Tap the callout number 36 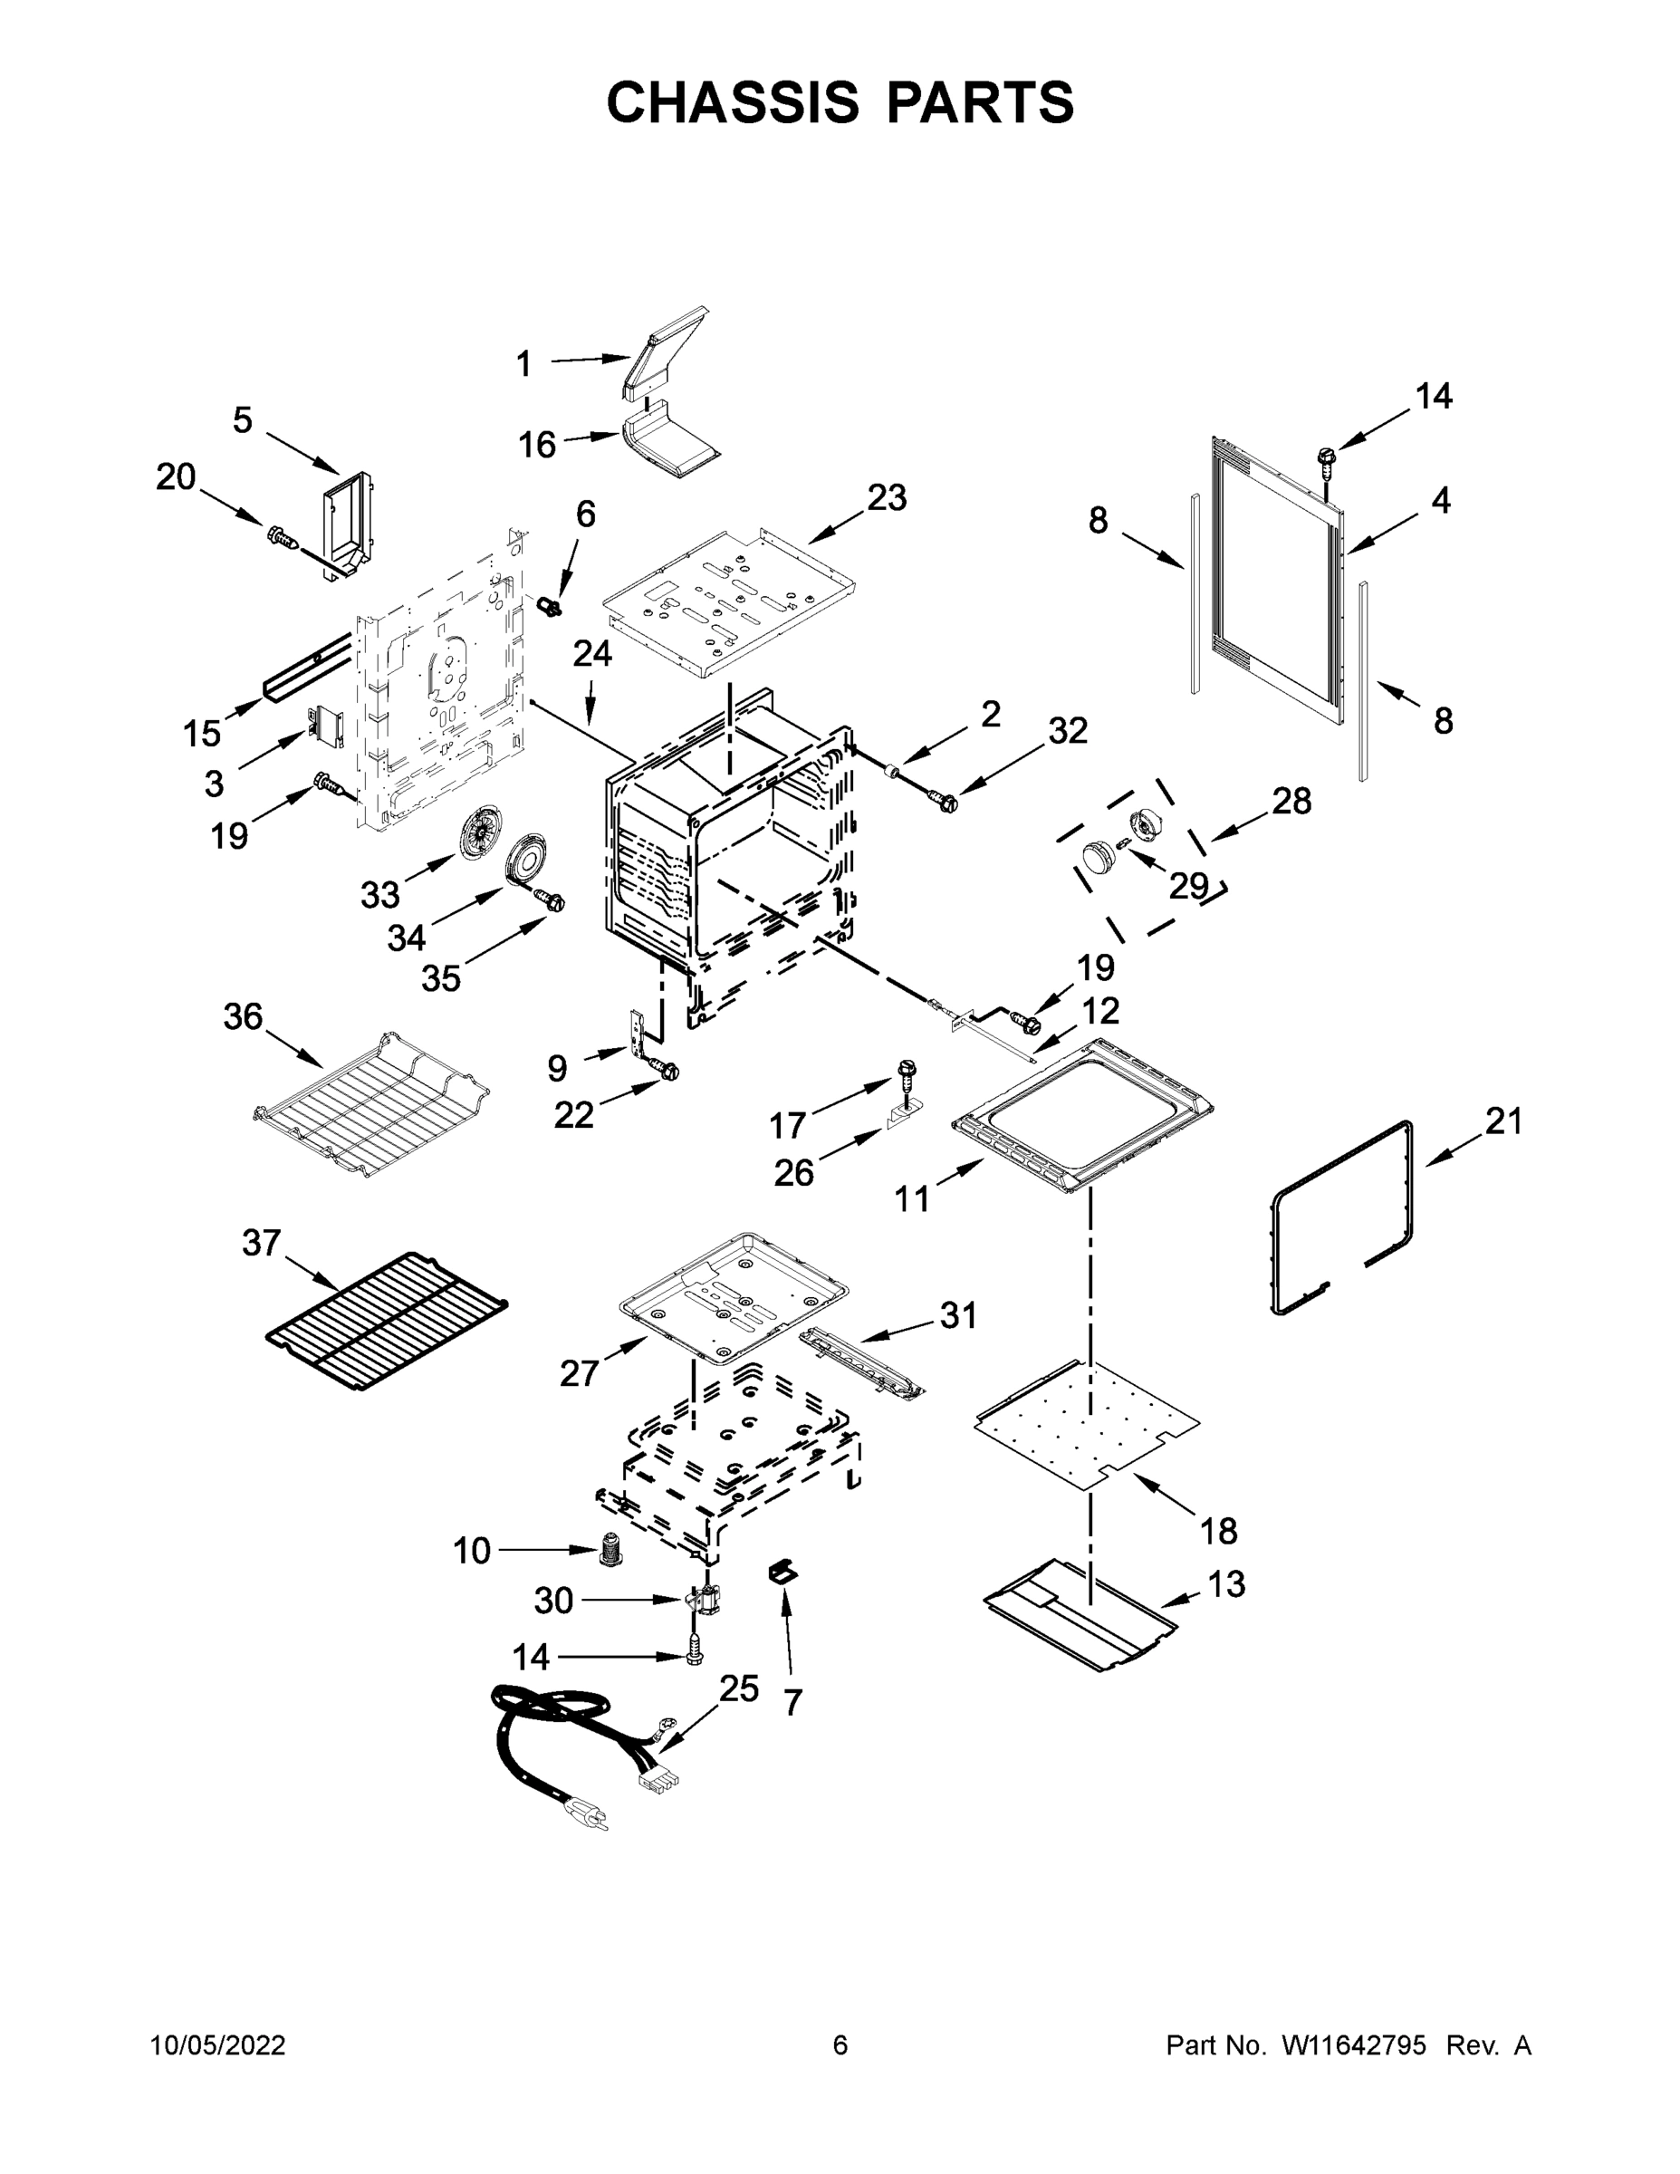point(243,1017)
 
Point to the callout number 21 point(1503,1121)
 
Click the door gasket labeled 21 point(1341,1218)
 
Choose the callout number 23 point(886,497)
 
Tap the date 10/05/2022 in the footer point(218,2044)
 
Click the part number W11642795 point(1354,2044)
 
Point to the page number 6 point(840,2044)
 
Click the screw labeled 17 point(907,1069)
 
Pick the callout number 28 point(1291,801)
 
